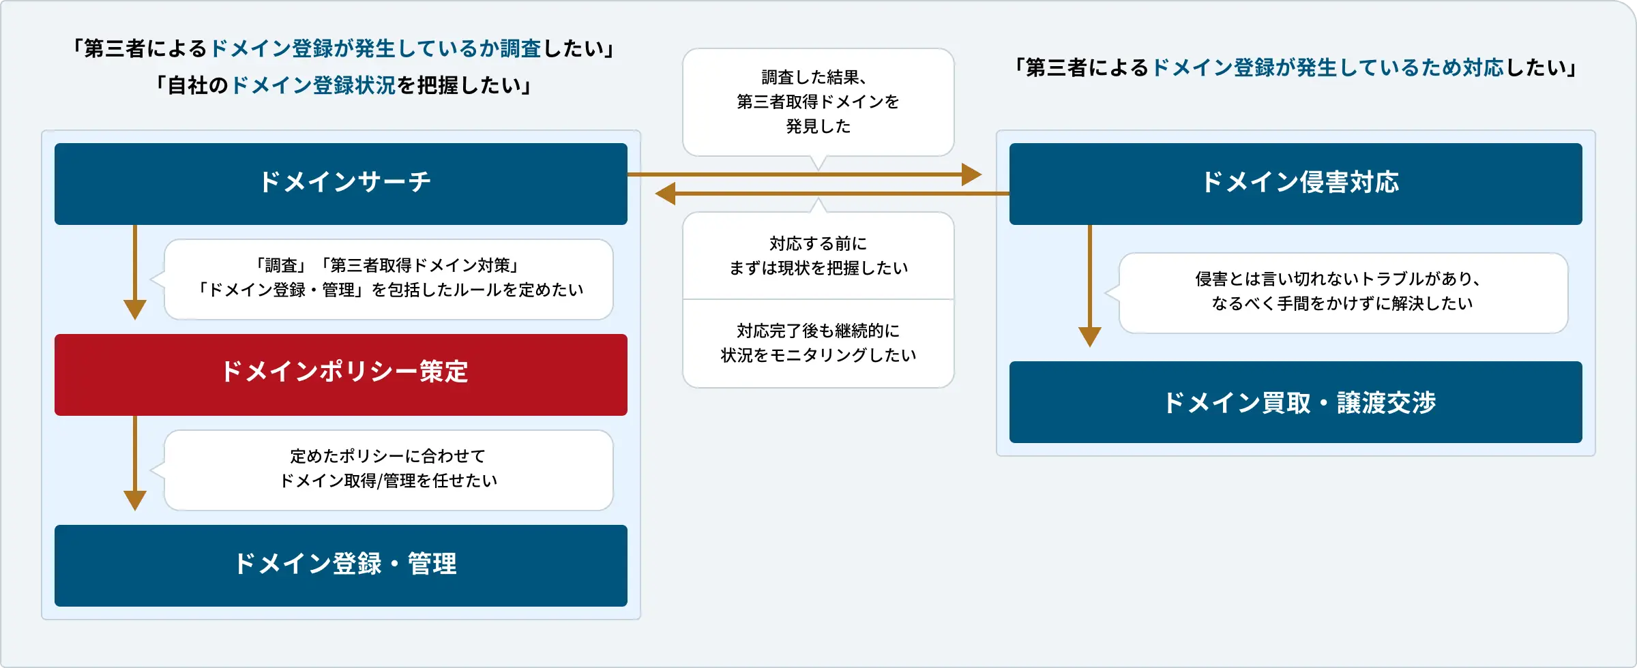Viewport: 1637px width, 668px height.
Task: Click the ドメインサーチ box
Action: [x=341, y=183]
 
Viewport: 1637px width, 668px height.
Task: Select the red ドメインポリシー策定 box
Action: [x=341, y=374]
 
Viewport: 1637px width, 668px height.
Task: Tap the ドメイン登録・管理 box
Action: [x=341, y=565]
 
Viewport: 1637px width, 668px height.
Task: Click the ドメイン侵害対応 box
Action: [x=1296, y=183]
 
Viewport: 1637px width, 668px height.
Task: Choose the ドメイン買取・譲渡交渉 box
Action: [x=1296, y=402]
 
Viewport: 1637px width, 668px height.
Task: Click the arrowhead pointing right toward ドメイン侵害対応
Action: [x=971, y=174]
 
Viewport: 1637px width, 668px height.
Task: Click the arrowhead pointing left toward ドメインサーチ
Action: [x=666, y=194]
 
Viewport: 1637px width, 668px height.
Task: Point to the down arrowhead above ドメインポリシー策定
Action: [x=135, y=309]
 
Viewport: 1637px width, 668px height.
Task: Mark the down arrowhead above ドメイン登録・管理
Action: [x=135, y=500]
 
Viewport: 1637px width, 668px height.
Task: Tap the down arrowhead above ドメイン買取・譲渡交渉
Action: [x=1090, y=337]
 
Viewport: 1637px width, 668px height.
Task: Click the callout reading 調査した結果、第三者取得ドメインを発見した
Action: [x=818, y=102]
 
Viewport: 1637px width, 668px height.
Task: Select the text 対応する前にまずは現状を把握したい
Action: [x=818, y=256]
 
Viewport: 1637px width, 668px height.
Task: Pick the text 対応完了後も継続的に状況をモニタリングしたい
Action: [x=818, y=343]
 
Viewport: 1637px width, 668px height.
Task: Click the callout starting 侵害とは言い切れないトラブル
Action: [x=1342, y=292]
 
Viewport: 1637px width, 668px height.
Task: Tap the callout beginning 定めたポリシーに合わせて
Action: [x=388, y=469]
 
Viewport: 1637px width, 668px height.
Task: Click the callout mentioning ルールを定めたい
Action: [x=388, y=278]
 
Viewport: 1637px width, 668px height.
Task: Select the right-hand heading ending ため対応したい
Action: [x=1295, y=67]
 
